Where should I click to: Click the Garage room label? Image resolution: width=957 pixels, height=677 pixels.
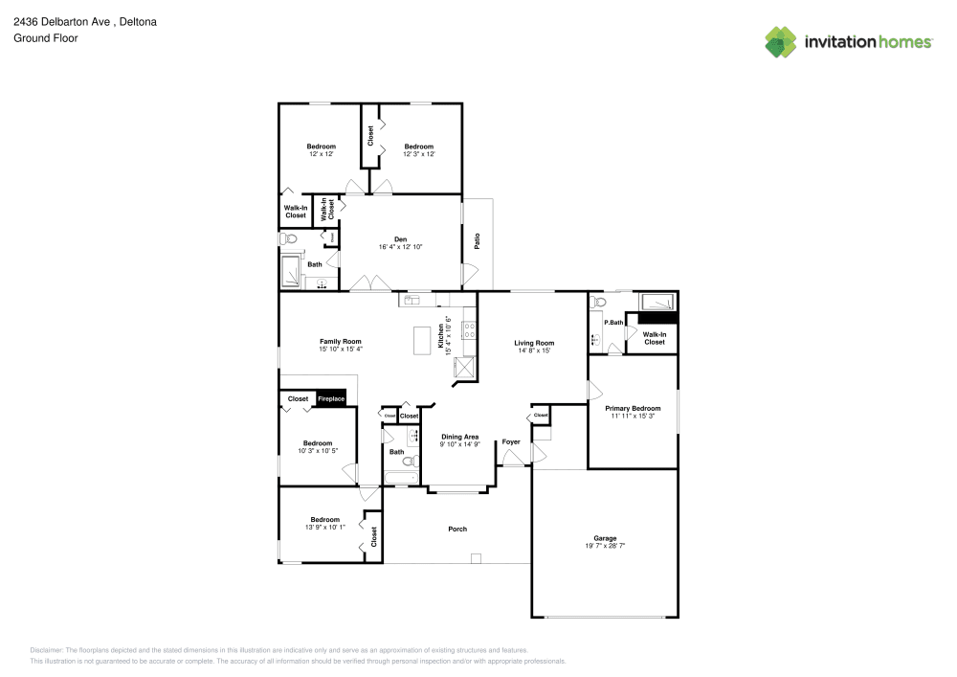(x=605, y=538)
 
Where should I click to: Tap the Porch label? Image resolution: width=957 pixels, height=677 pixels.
(x=457, y=529)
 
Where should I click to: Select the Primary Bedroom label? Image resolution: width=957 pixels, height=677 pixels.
(x=633, y=408)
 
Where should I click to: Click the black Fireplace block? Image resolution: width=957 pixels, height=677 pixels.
(x=331, y=399)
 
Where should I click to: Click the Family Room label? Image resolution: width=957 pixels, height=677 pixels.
(x=340, y=341)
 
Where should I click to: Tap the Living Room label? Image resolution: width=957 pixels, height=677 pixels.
(x=534, y=343)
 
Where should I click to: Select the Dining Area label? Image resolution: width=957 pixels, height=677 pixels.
(x=459, y=437)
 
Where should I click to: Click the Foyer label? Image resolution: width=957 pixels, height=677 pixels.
(x=512, y=442)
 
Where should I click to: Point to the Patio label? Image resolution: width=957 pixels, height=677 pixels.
(x=477, y=240)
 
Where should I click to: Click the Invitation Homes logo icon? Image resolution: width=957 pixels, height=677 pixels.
(x=781, y=41)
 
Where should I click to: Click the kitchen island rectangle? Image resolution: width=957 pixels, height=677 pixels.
(x=422, y=341)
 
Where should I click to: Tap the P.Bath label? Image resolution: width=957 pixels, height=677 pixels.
(x=613, y=323)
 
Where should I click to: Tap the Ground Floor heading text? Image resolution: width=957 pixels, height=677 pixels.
(x=46, y=38)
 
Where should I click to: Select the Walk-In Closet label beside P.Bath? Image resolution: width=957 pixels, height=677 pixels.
(x=655, y=338)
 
